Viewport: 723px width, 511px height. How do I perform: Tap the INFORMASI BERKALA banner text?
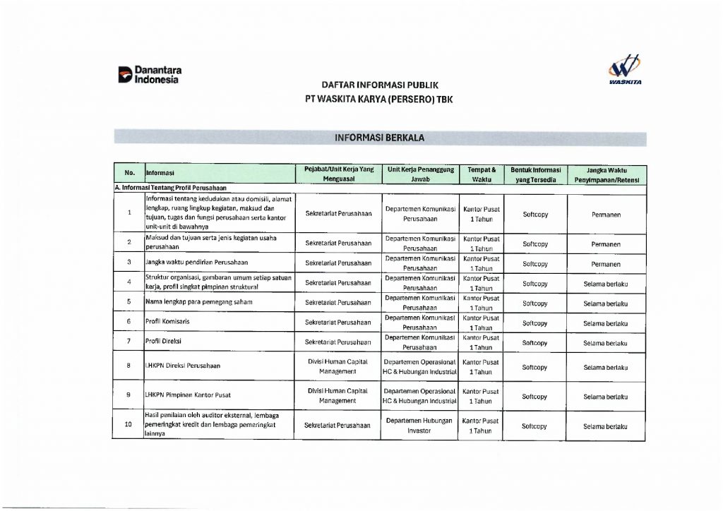tap(380, 138)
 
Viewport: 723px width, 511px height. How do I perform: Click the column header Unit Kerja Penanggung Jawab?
tap(419, 174)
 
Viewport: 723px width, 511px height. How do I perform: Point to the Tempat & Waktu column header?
tap(482, 174)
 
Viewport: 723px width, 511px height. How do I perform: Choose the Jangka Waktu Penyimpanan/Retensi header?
tap(606, 174)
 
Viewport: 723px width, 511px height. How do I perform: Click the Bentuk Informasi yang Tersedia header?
tap(535, 174)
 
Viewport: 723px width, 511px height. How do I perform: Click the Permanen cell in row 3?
tap(606, 264)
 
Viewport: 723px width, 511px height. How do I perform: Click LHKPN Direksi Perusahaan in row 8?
tap(183, 366)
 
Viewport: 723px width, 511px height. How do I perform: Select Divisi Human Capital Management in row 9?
tap(338, 395)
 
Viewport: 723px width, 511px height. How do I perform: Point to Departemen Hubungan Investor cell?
tap(419, 426)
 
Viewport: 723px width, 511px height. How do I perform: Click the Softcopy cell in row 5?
tap(534, 303)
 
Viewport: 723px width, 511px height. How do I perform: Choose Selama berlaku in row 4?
tap(606, 284)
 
